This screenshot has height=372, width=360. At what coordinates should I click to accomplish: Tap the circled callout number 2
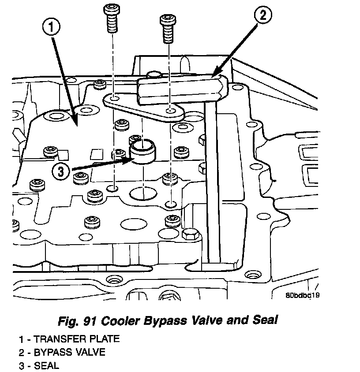(262, 16)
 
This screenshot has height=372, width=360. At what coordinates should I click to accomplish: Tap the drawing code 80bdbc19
(302, 295)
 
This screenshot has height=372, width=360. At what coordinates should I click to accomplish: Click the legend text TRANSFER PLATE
(76, 339)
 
